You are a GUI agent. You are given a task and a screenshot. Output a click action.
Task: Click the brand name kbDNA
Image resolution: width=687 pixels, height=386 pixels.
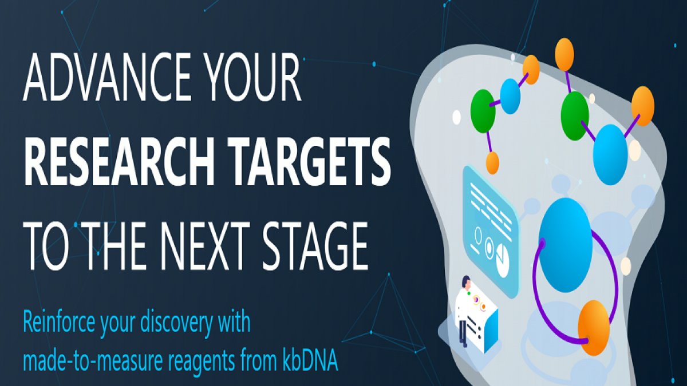pyautogui.click(x=309, y=360)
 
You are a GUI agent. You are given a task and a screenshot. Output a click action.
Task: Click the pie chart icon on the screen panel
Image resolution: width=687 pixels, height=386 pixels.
pyautogui.click(x=503, y=260)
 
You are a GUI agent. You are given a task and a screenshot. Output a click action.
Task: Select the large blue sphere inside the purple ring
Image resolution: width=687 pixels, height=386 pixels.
pyautogui.click(x=566, y=245)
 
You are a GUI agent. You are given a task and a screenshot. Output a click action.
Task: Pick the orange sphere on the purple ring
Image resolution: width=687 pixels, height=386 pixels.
pyautogui.click(x=594, y=328)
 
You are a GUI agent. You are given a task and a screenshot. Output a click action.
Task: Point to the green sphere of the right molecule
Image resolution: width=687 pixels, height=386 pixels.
pyautogui.click(x=575, y=116)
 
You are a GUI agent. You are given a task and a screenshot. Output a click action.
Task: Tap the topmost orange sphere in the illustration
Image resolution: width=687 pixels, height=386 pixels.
pyautogui.click(x=564, y=54)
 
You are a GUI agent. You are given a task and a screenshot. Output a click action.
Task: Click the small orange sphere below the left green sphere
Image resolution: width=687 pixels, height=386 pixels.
pyautogui.click(x=492, y=163)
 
